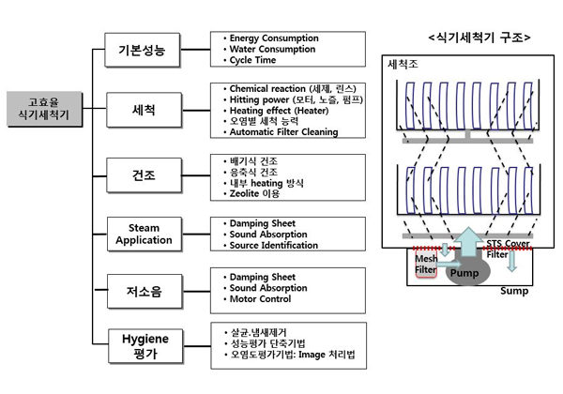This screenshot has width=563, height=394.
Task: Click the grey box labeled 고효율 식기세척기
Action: (44, 109)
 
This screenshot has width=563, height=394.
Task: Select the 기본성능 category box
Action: (143, 50)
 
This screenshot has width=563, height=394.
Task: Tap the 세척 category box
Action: (144, 110)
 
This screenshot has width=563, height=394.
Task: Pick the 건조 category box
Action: (144, 175)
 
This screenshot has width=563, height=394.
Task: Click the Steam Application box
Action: (145, 234)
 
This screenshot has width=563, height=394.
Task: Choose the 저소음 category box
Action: (145, 292)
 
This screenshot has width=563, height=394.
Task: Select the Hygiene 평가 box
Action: (145, 346)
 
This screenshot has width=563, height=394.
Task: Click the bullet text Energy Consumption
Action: (274, 38)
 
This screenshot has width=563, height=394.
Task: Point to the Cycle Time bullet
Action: (252, 60)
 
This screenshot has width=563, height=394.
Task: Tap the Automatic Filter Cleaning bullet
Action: (283, 132)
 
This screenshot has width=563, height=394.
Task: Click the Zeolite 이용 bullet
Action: (254, 194)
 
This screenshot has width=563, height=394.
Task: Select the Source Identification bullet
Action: (274, 246)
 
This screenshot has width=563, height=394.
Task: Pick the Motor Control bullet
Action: (260, 299)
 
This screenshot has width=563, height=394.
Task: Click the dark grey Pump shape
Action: (468, 272)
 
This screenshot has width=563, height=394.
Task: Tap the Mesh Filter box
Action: (426, 264)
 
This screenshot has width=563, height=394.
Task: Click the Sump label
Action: (514, 291)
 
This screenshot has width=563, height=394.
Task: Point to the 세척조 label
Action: (403, 64)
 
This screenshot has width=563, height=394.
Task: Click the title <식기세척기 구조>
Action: (479, 38)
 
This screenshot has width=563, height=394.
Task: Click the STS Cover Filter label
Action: (508, 249)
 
